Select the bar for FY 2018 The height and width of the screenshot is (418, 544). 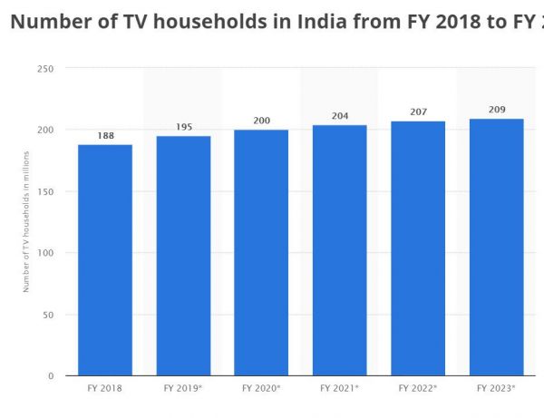pyautogui.click(x=105, y=260)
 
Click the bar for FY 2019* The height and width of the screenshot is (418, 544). pyautogui.click(x=183, y=256)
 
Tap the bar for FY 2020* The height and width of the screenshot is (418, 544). pyautogui.click(x=261, y=253)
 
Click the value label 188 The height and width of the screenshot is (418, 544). pyautogui.click(x=105, y=136)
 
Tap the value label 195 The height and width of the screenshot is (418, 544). pyautogui.click(x=183, y=127)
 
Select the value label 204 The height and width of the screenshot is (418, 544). pyautogui.click(x=339, y=116)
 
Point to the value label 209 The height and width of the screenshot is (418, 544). pyautogui.click(x=496, y=110)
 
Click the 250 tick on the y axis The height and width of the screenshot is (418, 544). pyautogui.click(x=45, y=69)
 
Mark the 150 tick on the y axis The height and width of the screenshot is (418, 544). pyautogui.click(x=45, y=191)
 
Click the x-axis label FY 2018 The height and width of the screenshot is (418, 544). pyautogui.click(x=105, y=388)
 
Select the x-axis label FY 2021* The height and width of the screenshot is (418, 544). pyautogui.click(x=339, y=388)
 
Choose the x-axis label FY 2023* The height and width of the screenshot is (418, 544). pyautogui.click(x=496, y=388)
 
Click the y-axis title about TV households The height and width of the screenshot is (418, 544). pyautogui.click(x=27, y=222)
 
